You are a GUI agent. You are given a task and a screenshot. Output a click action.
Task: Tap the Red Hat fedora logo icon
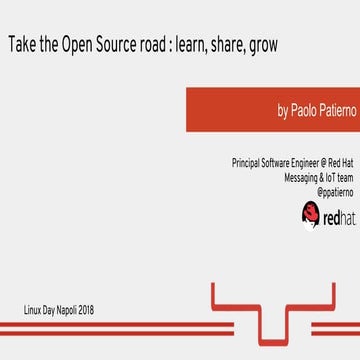310,212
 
